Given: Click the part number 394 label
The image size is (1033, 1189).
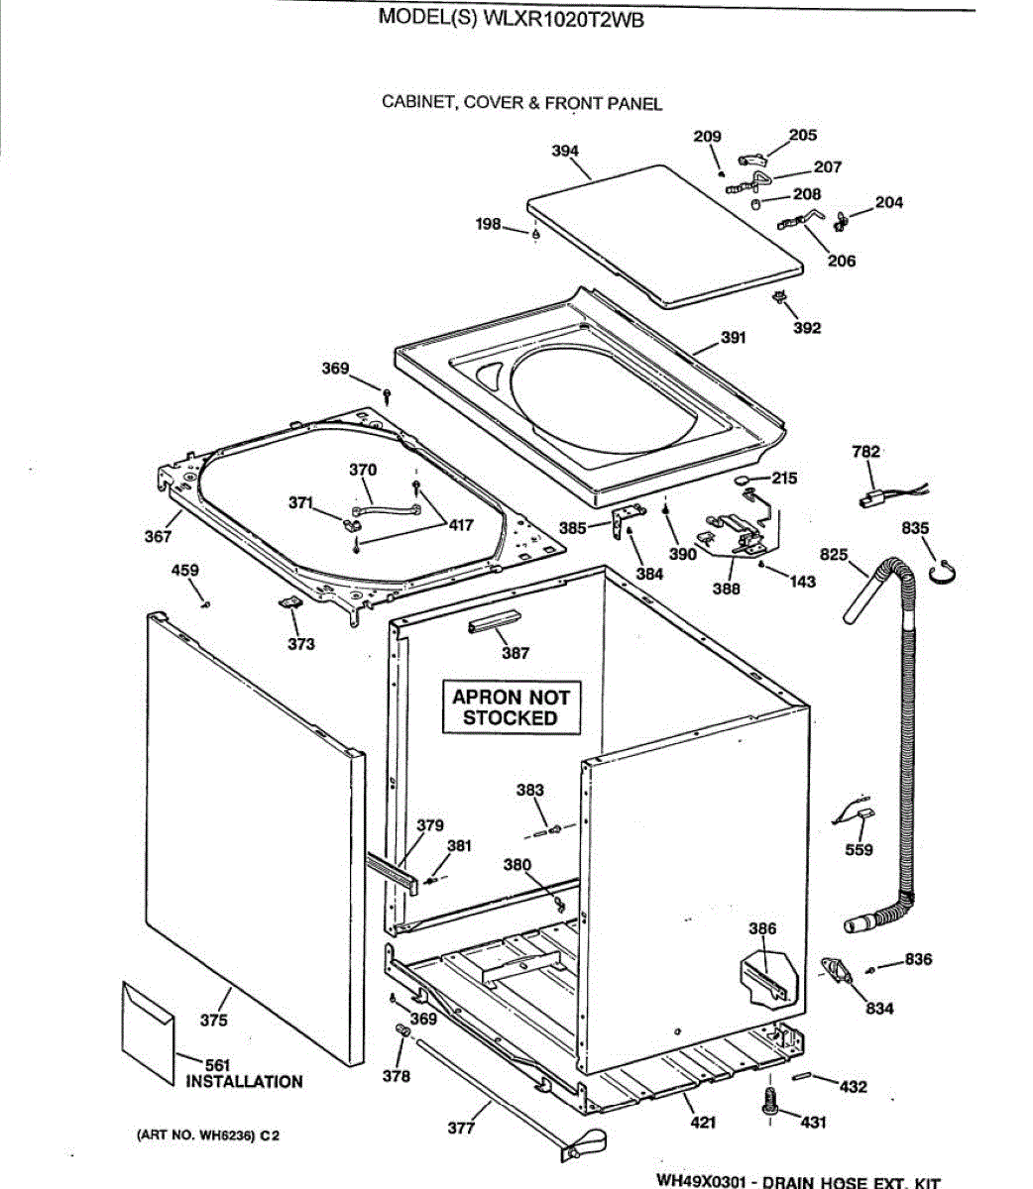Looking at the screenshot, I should coord(565,152).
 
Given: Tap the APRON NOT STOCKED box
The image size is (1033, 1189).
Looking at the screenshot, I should coord(511,707).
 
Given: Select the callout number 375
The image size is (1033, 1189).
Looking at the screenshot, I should coord(213,1020).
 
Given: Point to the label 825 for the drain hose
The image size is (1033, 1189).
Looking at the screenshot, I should coord(834,554).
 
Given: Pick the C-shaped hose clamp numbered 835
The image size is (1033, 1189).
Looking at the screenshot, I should coord(945,573).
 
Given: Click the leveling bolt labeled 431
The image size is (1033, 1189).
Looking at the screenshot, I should coord(769,1101).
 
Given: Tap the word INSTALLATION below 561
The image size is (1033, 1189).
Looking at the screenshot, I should coord(244,1082).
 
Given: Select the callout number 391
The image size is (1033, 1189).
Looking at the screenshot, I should coord(733,338).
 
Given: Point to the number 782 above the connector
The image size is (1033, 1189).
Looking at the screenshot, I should coord(865,452).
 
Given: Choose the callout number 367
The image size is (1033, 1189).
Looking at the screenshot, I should coord(158,536).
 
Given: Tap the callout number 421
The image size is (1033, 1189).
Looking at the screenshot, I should coord(703,1123).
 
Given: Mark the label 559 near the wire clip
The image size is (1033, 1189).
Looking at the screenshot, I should coord(860,849).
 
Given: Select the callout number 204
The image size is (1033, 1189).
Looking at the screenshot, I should coord(889,203).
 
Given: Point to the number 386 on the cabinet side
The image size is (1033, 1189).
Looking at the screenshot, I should coord(762,928).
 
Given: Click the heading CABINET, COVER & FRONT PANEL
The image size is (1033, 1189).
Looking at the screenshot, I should coord(521,103).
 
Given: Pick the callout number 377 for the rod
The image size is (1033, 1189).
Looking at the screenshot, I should coord(461,1128).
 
